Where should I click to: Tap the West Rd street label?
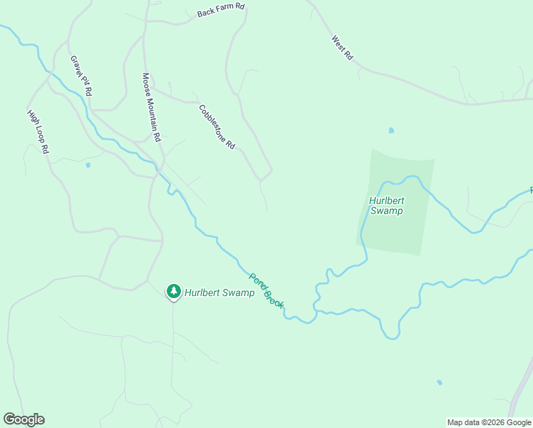[343, 49]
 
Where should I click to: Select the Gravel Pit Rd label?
[82, 76]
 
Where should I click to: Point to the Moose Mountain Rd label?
[152, 106]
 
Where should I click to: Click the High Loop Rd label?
[38, 132]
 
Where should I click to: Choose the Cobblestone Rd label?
[217, 127]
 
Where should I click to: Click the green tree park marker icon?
[173, 291]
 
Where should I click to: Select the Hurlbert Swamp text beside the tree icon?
[219, 292]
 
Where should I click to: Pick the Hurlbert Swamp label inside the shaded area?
[386, 205]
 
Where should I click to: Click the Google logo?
[24, 419]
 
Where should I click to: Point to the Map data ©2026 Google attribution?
[489, 422]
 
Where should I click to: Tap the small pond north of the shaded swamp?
[390, 131]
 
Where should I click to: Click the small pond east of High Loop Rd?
[88, 165]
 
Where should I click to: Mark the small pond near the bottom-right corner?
[440, 382]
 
